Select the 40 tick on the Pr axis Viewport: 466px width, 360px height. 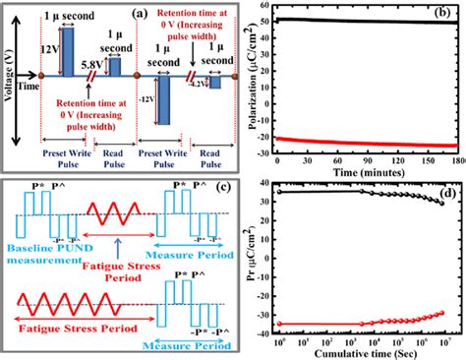[x=266, y=183]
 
